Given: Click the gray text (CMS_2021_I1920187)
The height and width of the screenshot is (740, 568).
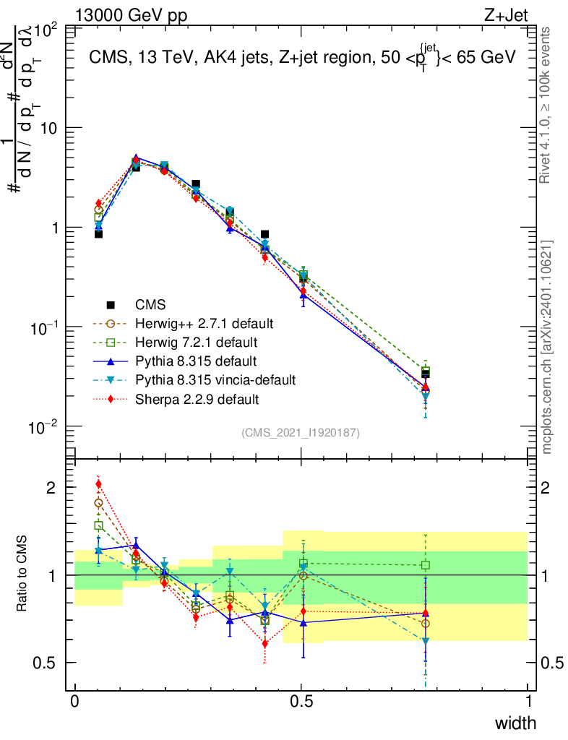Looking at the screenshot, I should coord(301,433).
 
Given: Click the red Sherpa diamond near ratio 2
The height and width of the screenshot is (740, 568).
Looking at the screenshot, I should coord(98,484).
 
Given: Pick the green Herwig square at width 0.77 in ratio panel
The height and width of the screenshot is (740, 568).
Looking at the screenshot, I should coord(426,565).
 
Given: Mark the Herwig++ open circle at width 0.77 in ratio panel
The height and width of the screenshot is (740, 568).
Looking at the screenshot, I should coord(426,623).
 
